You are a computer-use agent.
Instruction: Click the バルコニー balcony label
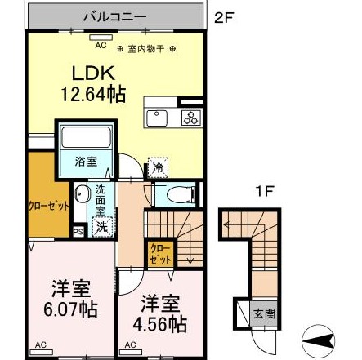point(114,16)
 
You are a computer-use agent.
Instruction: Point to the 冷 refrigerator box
point(157,168)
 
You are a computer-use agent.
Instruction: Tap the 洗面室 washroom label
point(100,201)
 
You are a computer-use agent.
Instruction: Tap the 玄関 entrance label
point(258,313)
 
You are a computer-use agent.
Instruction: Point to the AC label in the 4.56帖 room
point(129,347)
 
